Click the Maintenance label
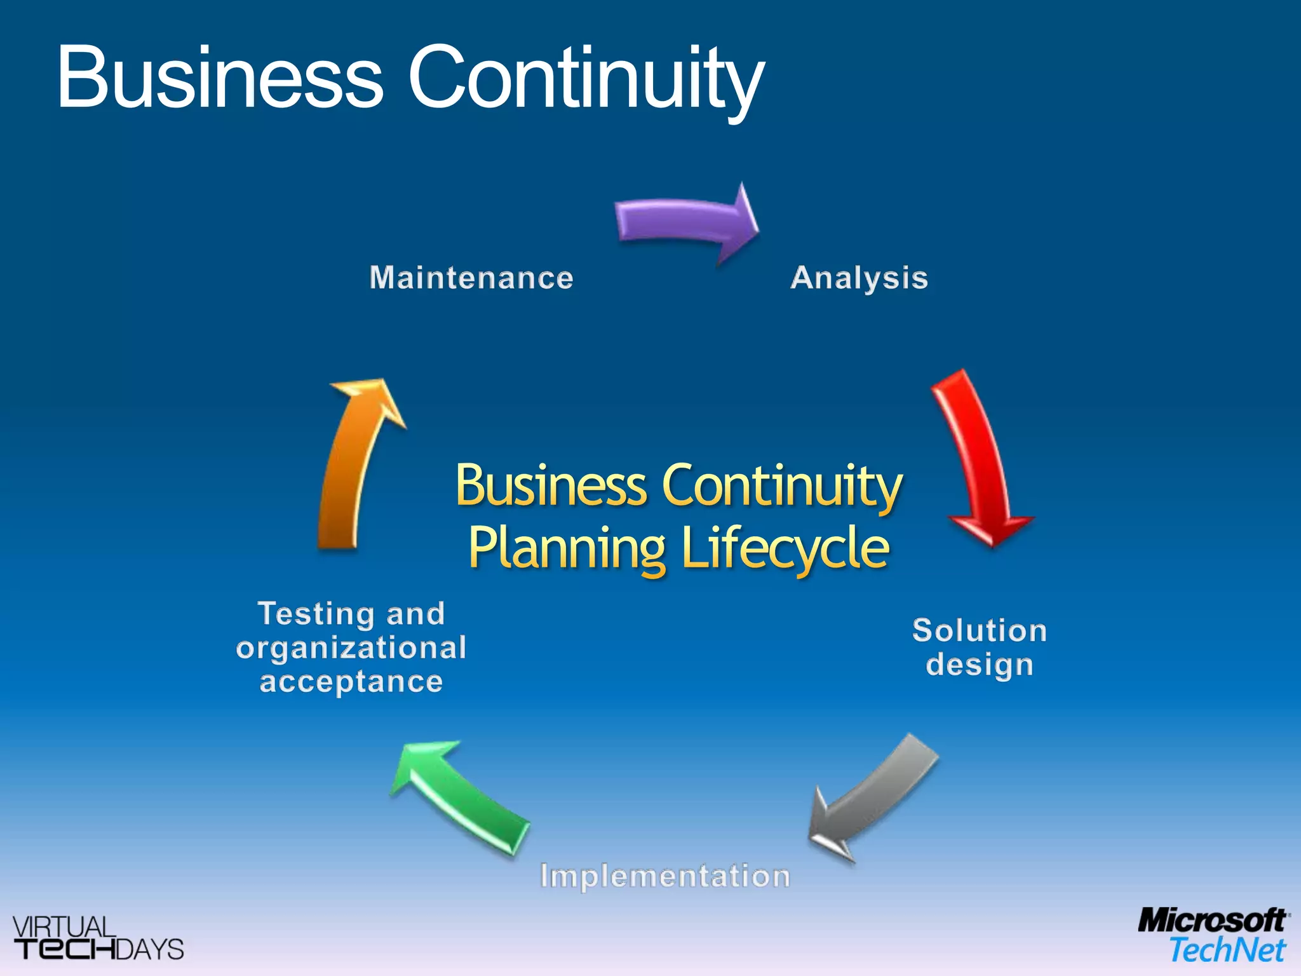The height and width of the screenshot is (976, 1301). click(471, 278)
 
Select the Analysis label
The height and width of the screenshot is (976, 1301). click(859, 278)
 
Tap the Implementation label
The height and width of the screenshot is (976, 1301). click(665, 876)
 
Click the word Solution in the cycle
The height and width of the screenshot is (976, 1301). click(980, 631)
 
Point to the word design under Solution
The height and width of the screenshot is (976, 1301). click(980, 665)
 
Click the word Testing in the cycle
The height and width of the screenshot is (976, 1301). click(316, 614)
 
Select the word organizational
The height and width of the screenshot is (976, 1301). click(351, 648)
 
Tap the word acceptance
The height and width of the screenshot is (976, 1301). click(351, 682)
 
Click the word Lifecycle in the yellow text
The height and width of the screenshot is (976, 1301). click(785, 548)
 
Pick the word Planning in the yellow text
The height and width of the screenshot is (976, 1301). click(567, 548)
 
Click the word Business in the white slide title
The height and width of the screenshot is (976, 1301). click(220, 78)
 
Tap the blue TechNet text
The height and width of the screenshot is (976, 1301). click(1227, 951)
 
